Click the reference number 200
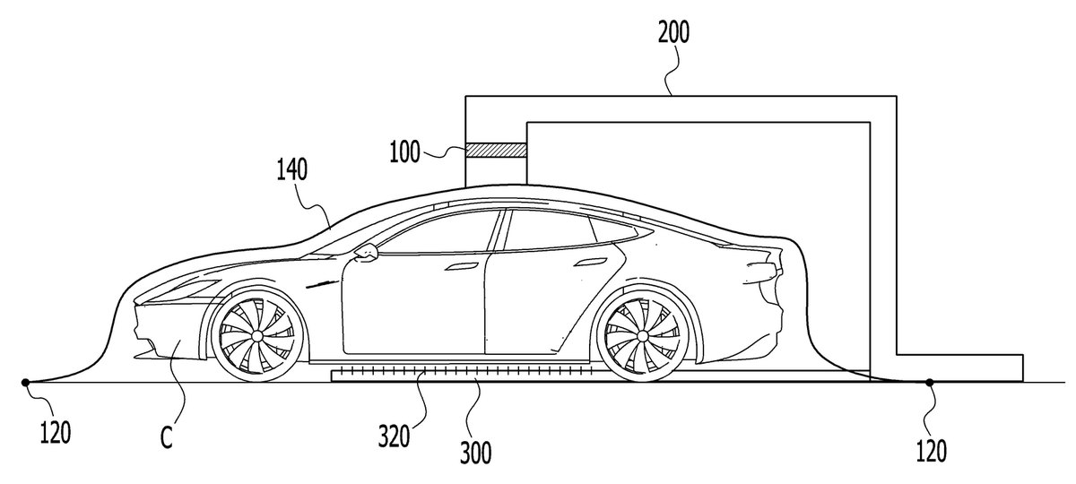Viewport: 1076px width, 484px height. (x=673, y=33)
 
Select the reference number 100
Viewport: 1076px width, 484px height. (x=404, y=151)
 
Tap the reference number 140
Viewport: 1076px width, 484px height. (x=292, y=170)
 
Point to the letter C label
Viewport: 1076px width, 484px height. (x=166, y=437)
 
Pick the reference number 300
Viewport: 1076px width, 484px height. (x=475, y=453)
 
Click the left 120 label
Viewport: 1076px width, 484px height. (x=56, y=432)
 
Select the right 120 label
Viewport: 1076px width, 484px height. (x=931, y=450)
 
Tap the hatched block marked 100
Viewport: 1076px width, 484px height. (x=496, y=151)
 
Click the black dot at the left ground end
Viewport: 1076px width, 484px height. (x=25, y=382)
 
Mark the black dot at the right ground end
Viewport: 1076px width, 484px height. (x=930, y=382)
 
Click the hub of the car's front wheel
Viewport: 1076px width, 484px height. (x=257, y=334)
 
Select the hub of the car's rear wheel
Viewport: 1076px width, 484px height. (x=643, y=334)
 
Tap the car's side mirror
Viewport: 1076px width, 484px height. (x=366, y=252)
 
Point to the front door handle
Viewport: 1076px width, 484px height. (x=462, y=266)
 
